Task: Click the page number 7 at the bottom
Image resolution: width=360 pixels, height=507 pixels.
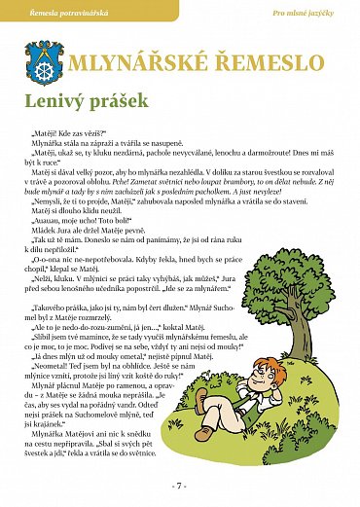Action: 180,485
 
